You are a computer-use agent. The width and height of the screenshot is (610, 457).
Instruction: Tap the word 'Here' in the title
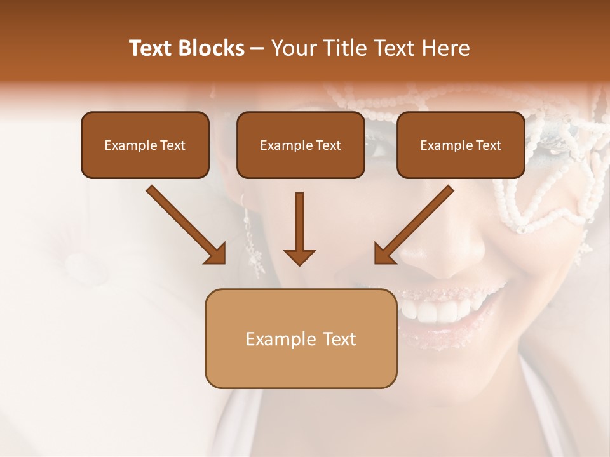click(447, 48)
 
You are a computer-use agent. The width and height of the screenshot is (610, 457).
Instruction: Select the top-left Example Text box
click(145, 145)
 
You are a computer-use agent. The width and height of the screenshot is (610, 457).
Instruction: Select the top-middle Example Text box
click(301, 145)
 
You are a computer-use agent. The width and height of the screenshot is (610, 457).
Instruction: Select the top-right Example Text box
click(461, 145)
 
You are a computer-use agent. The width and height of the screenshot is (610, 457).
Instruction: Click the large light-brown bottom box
click(301, 338)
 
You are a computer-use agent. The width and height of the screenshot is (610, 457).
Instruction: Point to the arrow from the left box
click(184, 223)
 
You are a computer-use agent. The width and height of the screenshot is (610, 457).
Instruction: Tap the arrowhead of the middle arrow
click(299, 257)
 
